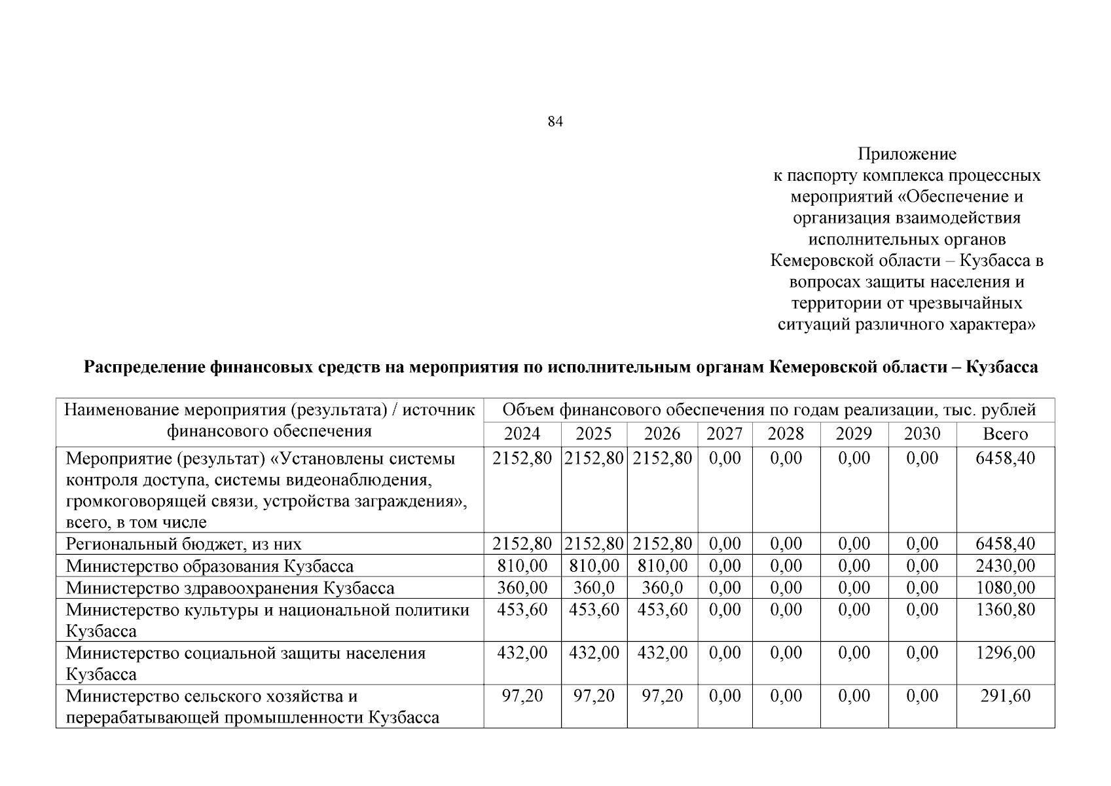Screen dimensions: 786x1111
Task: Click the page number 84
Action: pyautogui.click(x=555, y=122)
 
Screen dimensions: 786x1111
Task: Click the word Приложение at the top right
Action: pyautogui.click(x=907, y=155)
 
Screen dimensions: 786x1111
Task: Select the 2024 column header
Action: pyautogui.click(x=522, y=434)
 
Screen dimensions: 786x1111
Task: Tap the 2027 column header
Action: pyautogui.click(x=725, y=434)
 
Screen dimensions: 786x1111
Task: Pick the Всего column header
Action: pyautogui.click(x=1005, y=434)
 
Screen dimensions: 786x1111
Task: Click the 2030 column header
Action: pyautogui.click(x=922, y=434)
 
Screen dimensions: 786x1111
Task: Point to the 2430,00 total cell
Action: pyautogui.click(x=1005, y=566)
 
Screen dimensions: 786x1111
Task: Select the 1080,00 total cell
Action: pyautogui.click(x=1005, y=588)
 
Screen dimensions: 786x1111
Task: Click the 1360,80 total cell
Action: pyautogui.click(x=1005, y=610)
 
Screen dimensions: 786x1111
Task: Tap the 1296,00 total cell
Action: pyautogui.click(x=1005, y=653)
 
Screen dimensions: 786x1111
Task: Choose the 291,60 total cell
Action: pyautogui.click(x=1005, y=696)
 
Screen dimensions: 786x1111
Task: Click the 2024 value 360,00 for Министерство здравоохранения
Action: pyautogui.click(x=522, y=588)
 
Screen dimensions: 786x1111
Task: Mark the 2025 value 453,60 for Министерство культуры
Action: pyautogui.click(x=594, y=610)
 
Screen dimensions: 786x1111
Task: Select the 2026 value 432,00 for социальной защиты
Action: pyautogui.click(x=662, y=653)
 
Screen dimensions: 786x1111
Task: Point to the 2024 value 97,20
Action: pyautogui.click(x=522, y=696)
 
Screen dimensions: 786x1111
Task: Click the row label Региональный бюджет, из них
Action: pyautogui.click(x=184, y=544)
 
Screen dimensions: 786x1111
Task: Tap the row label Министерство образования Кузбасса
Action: pyautogui.click(x=209, y=566)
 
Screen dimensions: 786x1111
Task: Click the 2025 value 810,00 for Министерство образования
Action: pyautogui.click(x=594, y=566)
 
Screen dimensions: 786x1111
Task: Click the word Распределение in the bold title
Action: pyautogui.click(x=144, y=367)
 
